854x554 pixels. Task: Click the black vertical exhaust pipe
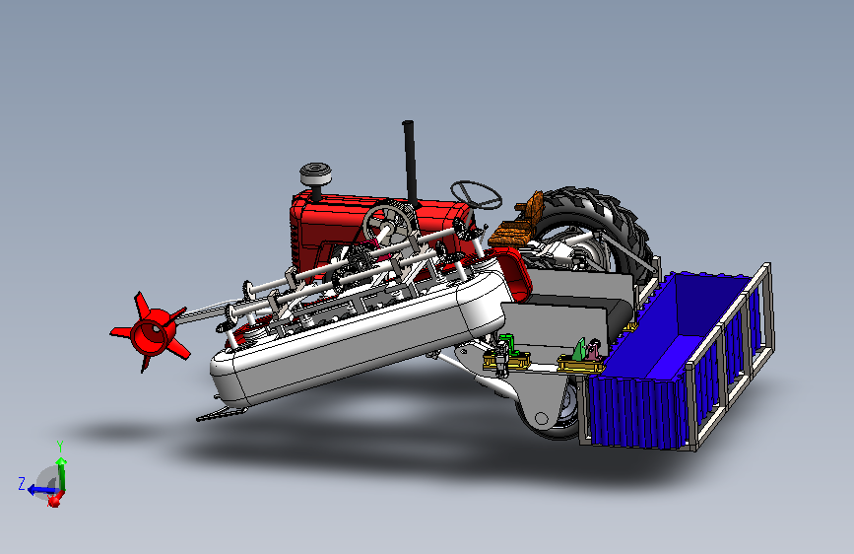coord(410,163)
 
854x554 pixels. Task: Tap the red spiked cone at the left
coord(152,331)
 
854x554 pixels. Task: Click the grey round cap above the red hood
coord(315,173)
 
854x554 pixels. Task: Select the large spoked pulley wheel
coord(389,224)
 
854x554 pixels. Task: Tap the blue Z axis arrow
coord(41,490)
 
